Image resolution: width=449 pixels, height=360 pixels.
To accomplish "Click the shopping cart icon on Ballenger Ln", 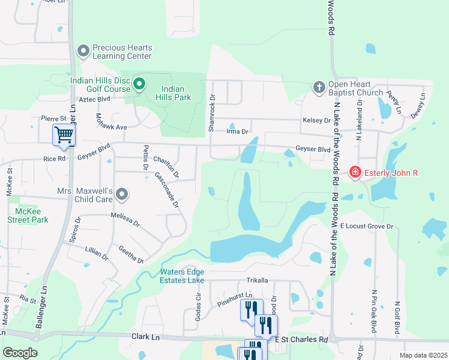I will point(64,135).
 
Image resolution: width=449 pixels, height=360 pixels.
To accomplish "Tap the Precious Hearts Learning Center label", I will point(122,52).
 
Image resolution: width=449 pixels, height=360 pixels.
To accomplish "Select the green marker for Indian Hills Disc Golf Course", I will point(139,84).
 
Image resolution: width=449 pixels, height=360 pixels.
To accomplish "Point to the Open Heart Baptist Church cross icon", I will point(319,88).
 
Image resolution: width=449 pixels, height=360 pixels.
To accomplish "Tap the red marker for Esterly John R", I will point(355,173).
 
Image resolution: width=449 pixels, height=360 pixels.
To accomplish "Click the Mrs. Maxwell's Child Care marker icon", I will point(122,194).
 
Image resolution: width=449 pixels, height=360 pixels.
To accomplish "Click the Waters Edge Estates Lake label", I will point(182,276).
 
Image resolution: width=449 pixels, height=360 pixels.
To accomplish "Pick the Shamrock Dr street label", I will point(211,113).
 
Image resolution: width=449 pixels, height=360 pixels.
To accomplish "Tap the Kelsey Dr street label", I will point(319,120).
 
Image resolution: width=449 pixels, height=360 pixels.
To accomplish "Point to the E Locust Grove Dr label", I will point(366,226).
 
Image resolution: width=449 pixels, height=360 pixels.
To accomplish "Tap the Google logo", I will point(20,353).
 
